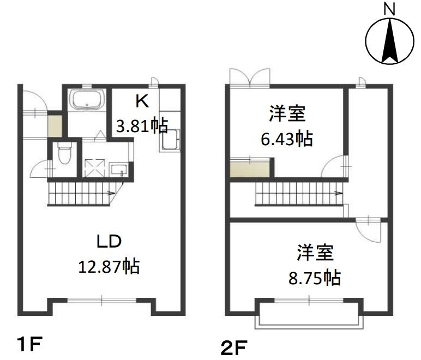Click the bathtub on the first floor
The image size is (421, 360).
[x=87, y=100]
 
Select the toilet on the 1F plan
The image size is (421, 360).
[x=64, y=153]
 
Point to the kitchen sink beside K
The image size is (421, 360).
[x=170, y=140]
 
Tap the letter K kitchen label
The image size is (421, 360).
[x=142, y=101]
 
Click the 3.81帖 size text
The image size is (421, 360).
[x=142, y=125]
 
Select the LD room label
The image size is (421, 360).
[x=109, y=241]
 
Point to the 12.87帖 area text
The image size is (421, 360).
[x=109, y=266]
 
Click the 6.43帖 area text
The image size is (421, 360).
[x=287, y=139]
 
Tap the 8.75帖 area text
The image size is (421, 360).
[x=315, y=278]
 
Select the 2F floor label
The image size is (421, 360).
[x=234, y=347]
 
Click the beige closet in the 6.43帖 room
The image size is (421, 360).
[x=250, y=169]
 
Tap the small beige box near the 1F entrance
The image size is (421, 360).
[x=55, y=126]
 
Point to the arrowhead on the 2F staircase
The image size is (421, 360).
[x=339, y=193]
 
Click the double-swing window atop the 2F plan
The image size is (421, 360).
[x=250, y=77]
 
